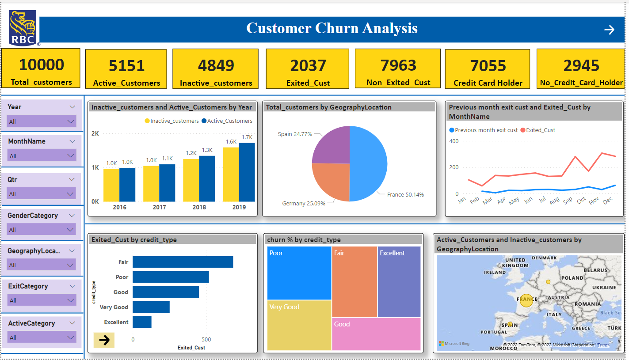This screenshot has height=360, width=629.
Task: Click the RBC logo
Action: [x=23, y=28]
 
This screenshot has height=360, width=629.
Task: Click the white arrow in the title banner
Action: [x=609, y=30]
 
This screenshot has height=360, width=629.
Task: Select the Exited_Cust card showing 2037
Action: [x=308, y=69]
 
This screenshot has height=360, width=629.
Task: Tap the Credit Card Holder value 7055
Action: [x=488, y=66]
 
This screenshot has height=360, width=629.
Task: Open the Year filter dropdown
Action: [x=42, y=121]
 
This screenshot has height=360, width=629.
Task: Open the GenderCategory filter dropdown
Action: [x=42, y=230]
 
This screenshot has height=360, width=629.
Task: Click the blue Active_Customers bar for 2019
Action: [x=247, y=172]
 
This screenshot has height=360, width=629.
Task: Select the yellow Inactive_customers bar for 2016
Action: [x=111, y=185]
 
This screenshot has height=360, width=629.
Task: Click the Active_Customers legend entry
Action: [x=227, y=121]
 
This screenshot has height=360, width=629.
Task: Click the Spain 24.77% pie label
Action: [x=295, y=134]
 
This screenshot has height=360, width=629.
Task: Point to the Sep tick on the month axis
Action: [x=568, y=200]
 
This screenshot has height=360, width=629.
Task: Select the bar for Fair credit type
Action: [x=183, y=262]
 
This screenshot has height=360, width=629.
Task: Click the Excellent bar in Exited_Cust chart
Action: [x=142, y=322]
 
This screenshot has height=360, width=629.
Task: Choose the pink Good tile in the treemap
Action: [x=376, y=334]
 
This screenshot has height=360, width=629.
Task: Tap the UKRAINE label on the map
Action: [x=603, y=288]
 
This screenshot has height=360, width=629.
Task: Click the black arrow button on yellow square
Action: [x=104, y=340]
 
